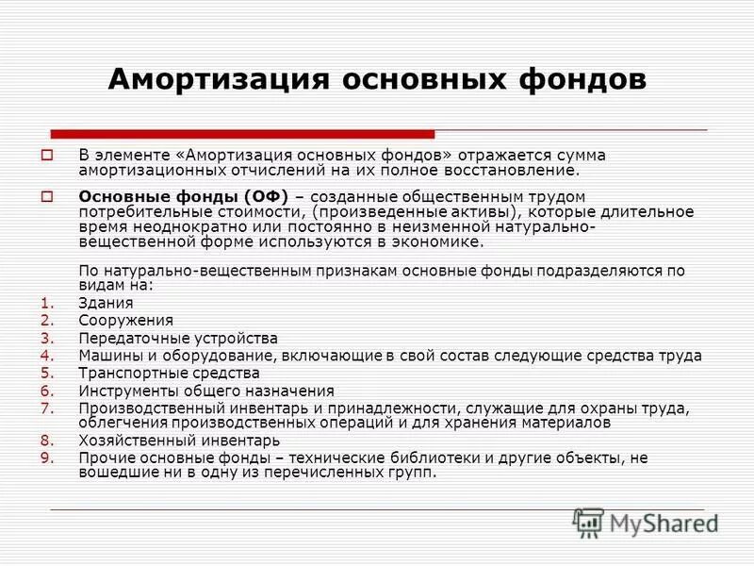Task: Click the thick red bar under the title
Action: click(x=242, y=134)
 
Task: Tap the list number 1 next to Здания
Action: click(x=48, y=304)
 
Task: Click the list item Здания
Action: click(x=106, y=304)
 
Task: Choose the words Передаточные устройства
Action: click(x=178, y=339)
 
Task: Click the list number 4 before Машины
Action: click(x=48, y=356)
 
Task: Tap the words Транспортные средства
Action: click(x=170, y=374)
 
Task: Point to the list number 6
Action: click(x=48, y=391)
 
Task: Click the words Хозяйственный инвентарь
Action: click(x=179, y=441)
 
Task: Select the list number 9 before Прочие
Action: click(x=48, y=458)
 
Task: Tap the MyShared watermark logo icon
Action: click(x=589, y=522)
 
